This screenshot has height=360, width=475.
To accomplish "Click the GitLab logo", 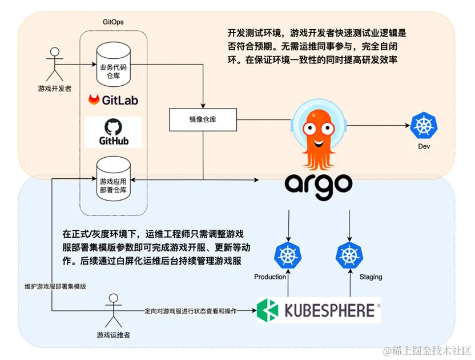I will coord(113,100).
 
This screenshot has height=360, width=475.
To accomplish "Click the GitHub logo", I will coord(113,133).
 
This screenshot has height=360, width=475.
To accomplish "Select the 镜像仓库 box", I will coord(203,119).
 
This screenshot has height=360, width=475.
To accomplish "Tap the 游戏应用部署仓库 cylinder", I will coord(113,176).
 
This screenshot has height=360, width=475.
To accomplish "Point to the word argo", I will coord(319,185).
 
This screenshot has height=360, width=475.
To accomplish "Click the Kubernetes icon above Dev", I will coord(423,126).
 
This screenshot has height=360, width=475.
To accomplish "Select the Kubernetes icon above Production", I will coord(288,255).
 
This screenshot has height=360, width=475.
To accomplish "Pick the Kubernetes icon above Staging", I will coord(348,255).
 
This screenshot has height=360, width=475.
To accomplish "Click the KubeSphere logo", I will coord(318,310).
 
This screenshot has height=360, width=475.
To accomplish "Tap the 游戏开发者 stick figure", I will coord(54,65).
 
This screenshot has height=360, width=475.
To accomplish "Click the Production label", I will coord(270,277).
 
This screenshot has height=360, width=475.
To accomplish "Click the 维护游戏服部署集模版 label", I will coord(55,287).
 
